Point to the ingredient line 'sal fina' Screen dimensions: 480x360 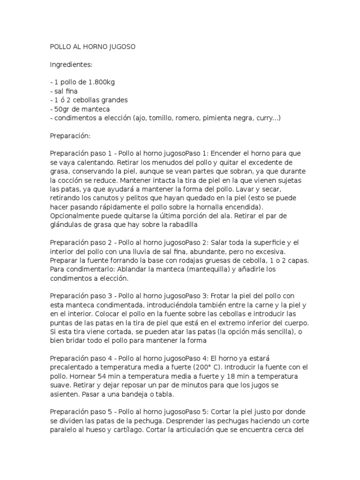[65, 91]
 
